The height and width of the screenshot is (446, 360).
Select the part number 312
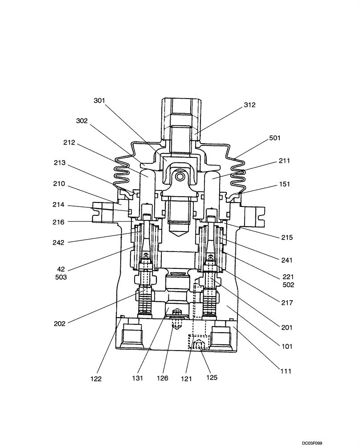click(x=250, y=105)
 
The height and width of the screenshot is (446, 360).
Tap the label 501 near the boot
click(x=275, y=138)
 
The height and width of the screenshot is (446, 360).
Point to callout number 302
click(x=82, y=121)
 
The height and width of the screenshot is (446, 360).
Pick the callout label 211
click(x=283, y=161)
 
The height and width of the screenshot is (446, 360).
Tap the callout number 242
click(x=58, y=243)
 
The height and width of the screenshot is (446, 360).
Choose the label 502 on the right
click(x=288, y=285)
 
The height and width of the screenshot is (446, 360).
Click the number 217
click(x=287, y=302)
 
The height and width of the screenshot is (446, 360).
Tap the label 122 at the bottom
click(x=96, y=379)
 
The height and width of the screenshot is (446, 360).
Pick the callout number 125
click(x=212, y=378)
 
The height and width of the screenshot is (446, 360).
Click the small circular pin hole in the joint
click(x=180, y=177)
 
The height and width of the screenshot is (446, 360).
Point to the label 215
click(x=287, y=238)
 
